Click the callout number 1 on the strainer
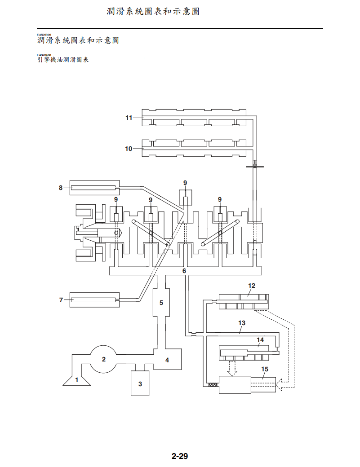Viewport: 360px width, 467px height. click(77, 379)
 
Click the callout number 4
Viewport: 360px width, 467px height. click(167, 360)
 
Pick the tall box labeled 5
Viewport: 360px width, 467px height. click(161, 302)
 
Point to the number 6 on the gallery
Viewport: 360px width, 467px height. click(184, 271)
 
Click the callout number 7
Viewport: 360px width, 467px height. click(61, 300)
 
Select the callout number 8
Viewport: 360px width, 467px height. click(61, 188)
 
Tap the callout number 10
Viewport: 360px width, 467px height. click(129, 149)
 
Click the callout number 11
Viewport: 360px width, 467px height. click(129, 118)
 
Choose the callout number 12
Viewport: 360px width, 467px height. click(252, 286)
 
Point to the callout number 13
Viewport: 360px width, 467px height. click(242, 323)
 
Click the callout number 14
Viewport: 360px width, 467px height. click(260, 340)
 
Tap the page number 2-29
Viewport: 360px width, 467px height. click(179, 457)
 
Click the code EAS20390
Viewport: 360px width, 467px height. click(44, 35)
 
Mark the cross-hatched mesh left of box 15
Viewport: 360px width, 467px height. click(213, 384)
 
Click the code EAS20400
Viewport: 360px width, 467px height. click(44, 55)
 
